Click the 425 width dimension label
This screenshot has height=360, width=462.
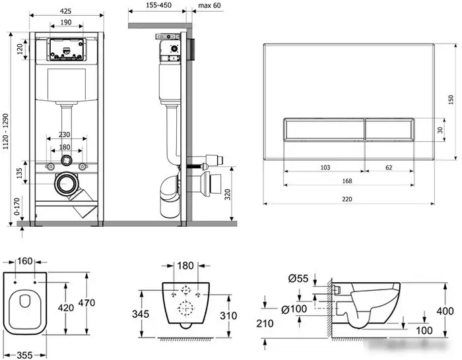[66, 11]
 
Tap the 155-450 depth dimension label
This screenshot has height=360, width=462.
[158, 5]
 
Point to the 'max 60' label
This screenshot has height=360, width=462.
[209, 5]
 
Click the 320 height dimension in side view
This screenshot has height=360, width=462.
[228, 195]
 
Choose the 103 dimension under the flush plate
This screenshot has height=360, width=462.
[325, 167]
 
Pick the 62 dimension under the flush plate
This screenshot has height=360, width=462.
[389, 167]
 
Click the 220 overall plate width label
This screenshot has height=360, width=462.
[347, 199]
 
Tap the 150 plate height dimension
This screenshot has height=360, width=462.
[451, 100]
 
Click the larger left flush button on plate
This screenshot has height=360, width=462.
[324, 129]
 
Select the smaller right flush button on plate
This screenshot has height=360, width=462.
[389, 129]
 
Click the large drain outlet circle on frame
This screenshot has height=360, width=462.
[66, 184]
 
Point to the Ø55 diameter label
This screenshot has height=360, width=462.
[298, 278]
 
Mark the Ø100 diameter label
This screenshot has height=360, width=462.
[294, 309]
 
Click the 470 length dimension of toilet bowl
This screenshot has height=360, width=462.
[86, 303]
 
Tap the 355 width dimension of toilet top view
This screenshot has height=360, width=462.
[24, 355]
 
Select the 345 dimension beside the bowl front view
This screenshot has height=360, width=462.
[141, 314]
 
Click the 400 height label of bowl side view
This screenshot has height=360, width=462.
[445, 311]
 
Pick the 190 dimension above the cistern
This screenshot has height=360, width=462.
[66, 22]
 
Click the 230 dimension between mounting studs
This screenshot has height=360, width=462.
[64, 135]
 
